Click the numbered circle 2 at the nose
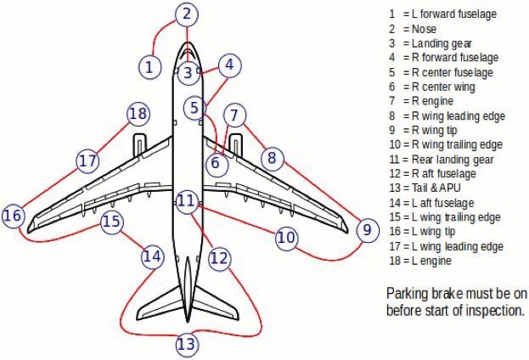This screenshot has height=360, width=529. pyautogui.click(x=188, y=14)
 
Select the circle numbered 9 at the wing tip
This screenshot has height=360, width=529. pyautogui.click(x=367, y=229)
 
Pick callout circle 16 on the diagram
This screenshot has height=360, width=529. pyautogui.click(x=13, y=217)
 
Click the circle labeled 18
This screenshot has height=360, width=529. pyautogui.click(x=138, y=114)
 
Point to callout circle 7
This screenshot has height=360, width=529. pyautogui.click(x=236, y=115)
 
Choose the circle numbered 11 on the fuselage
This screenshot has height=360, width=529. pyautogui.click(x=187, y=201)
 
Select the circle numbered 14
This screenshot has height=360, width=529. pyautogui.click(x=151, y=255)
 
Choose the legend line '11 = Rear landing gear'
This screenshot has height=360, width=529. pyautogui.click(x=447, y=159)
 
